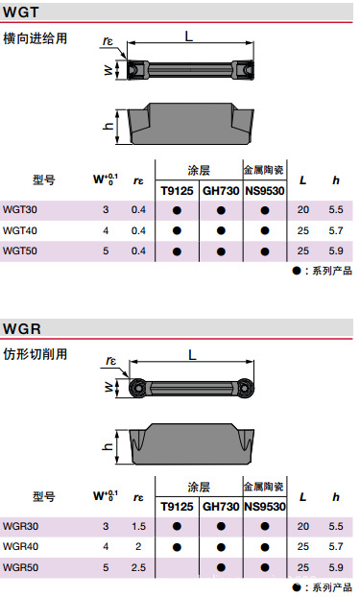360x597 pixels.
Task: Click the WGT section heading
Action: pos(20,12)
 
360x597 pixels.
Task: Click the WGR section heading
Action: pos(22,328)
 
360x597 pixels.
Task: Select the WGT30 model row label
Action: pos(20,210)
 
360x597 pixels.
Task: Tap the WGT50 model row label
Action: pos(20,251)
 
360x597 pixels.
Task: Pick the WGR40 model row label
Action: pos(20,546)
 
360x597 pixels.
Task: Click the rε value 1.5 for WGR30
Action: pos(138,526)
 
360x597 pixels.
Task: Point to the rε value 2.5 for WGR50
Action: pos(138,567)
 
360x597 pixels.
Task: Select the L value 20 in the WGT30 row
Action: pos(303,210)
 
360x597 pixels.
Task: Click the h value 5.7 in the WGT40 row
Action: pos(336,230)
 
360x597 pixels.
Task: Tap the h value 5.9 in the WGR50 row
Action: pos(336,567)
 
